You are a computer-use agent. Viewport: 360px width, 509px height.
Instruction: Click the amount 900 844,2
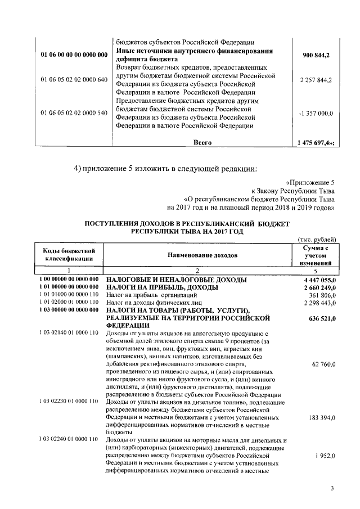coord(317,55)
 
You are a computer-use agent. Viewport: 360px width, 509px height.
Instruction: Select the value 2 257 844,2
coord(316,80)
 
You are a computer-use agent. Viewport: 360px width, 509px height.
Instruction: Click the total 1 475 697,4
coord(316,143)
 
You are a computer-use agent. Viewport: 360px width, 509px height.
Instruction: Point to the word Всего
coord(202,143)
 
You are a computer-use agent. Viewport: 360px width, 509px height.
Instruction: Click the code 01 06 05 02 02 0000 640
coord(74,80)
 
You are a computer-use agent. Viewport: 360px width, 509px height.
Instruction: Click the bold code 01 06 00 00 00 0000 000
coord(74,55)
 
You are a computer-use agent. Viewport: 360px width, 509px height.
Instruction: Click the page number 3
coord(332,488)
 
